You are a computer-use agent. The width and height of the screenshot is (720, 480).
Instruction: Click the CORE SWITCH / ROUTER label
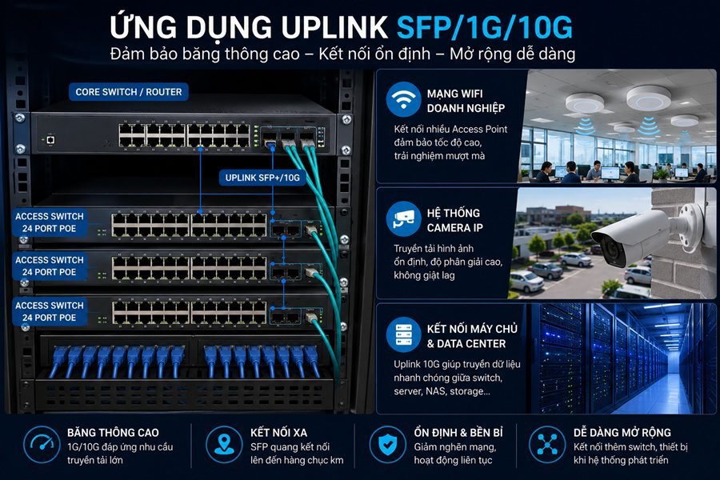[129, 92]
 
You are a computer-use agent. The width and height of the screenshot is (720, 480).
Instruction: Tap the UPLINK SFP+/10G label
[262, 178]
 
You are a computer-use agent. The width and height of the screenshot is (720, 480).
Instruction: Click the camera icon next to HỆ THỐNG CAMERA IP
[403, 218]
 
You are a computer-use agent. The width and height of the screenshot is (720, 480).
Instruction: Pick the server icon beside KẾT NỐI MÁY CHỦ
[403, 334]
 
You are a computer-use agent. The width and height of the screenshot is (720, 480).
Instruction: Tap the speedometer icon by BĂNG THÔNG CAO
[42, 444]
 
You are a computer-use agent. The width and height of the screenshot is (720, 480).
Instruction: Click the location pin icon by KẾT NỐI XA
[224, 444]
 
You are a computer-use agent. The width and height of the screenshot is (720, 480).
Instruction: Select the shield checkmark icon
[387, 444]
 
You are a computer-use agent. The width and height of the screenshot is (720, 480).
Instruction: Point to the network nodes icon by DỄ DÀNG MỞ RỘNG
[547, 444]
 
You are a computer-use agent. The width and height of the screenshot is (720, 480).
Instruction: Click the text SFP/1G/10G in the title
[485, 27]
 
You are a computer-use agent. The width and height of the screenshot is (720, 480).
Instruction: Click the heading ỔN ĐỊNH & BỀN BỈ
[458, 433]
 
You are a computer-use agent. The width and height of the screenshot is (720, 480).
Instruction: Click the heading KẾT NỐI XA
[278, 433]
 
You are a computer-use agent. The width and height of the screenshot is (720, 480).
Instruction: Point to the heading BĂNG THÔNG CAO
[113, 433]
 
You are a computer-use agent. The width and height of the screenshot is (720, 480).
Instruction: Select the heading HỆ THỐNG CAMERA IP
[454, 221]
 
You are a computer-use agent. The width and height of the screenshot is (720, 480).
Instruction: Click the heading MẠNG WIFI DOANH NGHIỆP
[466, 101]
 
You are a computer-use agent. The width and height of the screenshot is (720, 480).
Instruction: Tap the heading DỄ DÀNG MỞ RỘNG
[622, 433]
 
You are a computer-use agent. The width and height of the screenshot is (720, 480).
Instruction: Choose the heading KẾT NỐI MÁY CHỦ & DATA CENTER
[472, 336]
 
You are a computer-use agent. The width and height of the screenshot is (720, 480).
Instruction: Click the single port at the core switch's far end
[50, 139]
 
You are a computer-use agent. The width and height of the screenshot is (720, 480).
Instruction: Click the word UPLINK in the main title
[334, 27]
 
